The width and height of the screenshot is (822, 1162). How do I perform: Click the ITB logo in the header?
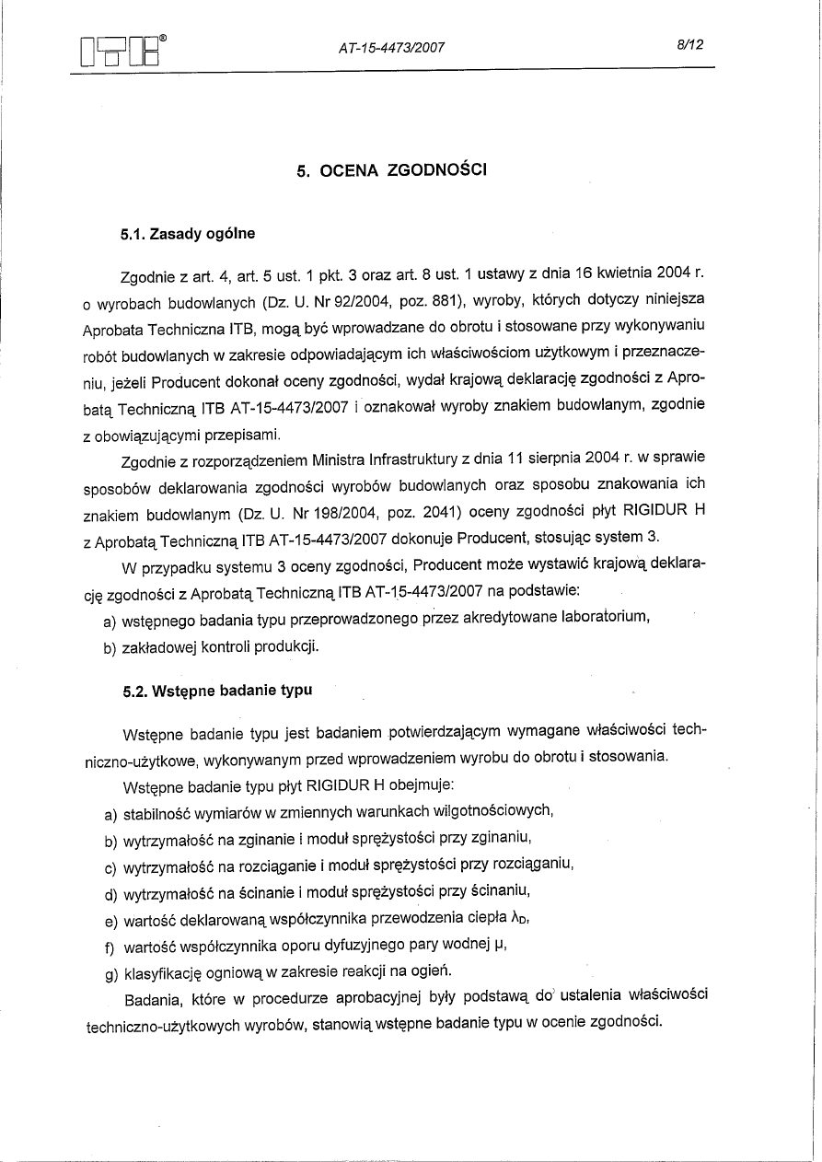tap(123, 52)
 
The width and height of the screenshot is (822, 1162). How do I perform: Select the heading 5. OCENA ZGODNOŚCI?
tap(393, 170)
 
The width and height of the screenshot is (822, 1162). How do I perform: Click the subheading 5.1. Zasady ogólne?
tap(188, 235)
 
